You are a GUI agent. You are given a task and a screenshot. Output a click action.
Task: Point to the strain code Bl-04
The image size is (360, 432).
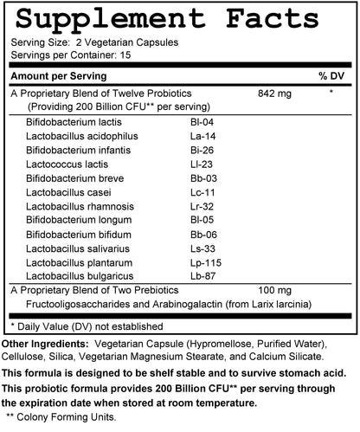pyautogui.click(x=200, y=122)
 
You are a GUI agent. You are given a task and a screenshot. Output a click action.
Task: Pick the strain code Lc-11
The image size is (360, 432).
pyautogui.click(x=201, y=190)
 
